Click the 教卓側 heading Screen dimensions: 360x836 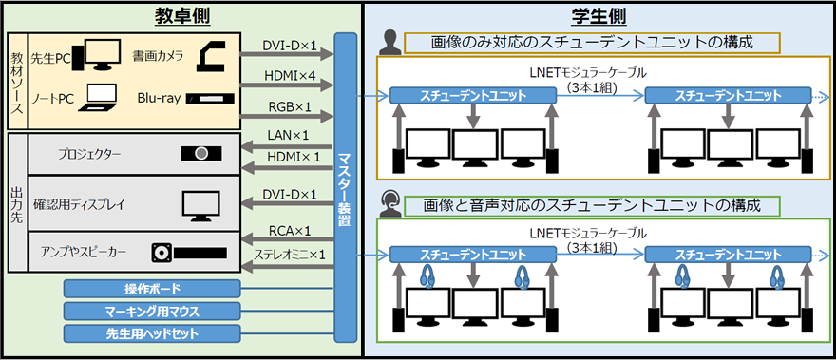[181, 15]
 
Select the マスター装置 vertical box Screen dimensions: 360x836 [345, 188]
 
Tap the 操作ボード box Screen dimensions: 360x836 [153, 289]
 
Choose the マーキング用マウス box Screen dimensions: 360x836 [153, 311]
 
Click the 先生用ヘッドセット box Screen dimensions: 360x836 [153, 333]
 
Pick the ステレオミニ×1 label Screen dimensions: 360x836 [291, 255]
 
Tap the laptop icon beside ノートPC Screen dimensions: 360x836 [101, 97]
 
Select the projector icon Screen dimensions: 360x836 [202, 153]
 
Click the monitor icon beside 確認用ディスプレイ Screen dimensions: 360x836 [200, 204]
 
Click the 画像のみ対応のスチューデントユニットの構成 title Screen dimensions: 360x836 [592, 43]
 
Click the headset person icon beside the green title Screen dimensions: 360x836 [388, 203]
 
